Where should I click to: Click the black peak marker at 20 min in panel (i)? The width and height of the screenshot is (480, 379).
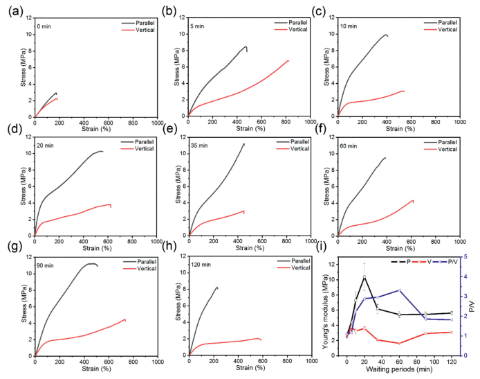coord(364,277)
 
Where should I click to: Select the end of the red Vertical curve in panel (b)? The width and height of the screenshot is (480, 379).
coord(288,61)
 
